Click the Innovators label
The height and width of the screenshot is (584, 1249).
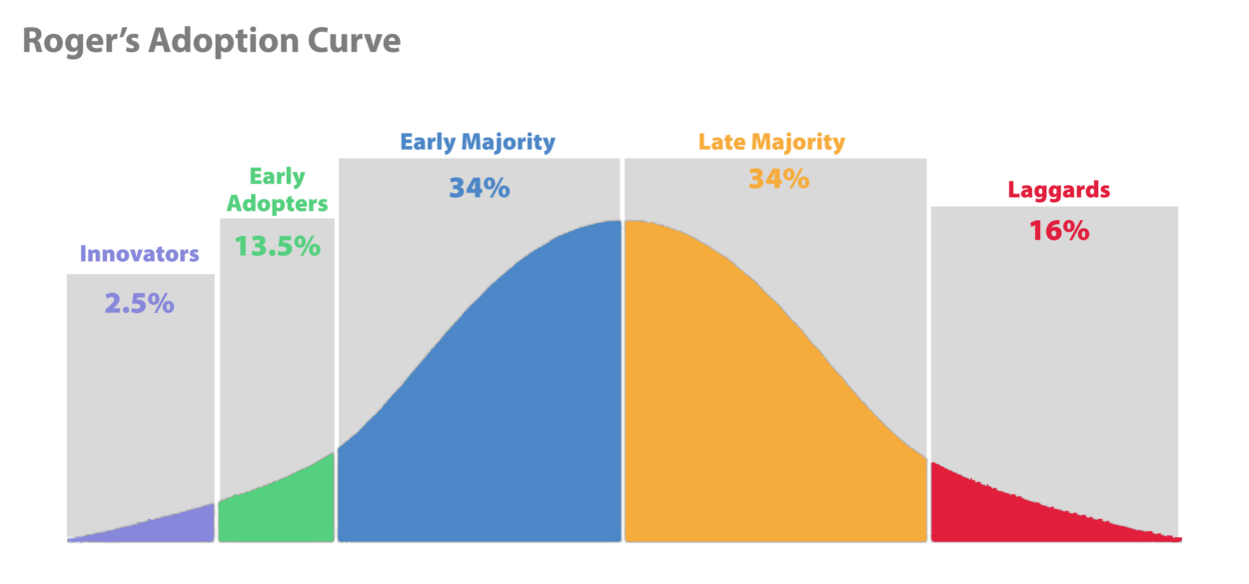point(139,254)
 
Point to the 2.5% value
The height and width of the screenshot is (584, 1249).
point(139,304)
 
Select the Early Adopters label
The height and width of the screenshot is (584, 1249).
point(277,190)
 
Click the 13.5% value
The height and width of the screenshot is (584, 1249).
point(277,246)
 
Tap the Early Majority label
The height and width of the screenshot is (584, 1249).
point(478,142)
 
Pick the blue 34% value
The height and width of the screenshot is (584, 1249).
point(479,188)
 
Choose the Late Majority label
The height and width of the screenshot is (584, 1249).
point(771,142)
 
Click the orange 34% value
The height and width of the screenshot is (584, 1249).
point(778,180)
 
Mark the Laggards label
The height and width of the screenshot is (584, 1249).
point(1059,190)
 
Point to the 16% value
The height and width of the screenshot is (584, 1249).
point(1058,231)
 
